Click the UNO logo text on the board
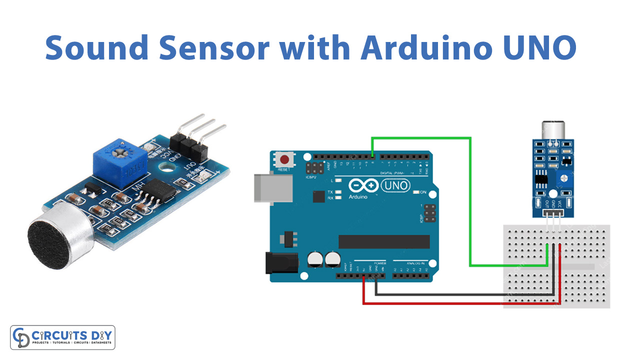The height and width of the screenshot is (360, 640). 395,186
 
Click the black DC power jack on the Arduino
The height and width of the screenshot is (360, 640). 280,262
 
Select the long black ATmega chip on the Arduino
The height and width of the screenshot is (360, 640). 384,241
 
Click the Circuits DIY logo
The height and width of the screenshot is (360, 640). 62,337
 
